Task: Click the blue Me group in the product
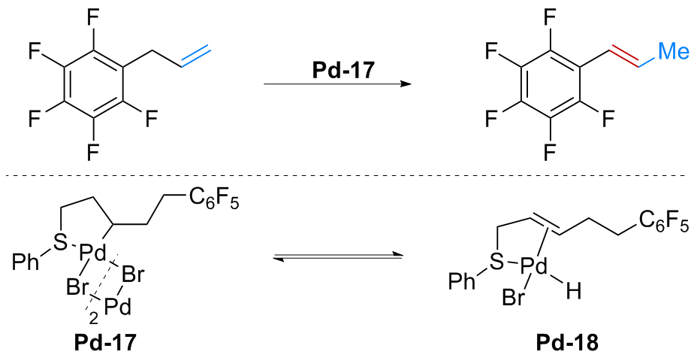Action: point(674,51)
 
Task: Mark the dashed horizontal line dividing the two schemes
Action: point(348,176)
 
